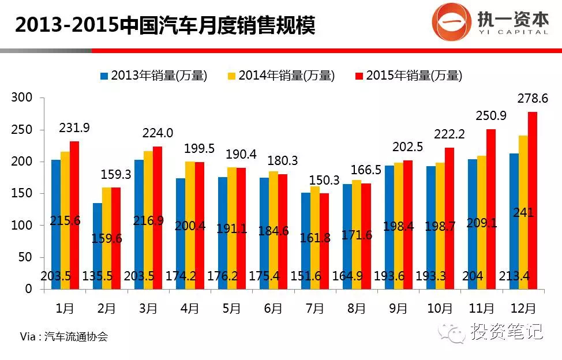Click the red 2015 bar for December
tap(533, 201)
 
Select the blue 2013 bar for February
tap(98, 246)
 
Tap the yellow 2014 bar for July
tap(315, 238)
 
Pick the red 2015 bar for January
tap(74, 215)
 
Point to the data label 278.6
tap(533, 98)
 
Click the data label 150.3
tap(324, 180)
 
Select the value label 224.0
tap(158, 133)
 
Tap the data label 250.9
tap(491, 115)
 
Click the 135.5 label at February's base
tap(98, 276)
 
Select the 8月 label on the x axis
tap(357, 308)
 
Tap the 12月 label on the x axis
tap(523, 308)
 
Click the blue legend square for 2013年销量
tap(104, 76)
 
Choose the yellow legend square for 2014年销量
tap(232, 76)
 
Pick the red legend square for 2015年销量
tap(359, 76)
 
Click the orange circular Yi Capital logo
tap(451, 21)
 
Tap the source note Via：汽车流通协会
tap(64, 337)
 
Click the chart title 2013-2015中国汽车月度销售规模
tap(165, 25)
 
